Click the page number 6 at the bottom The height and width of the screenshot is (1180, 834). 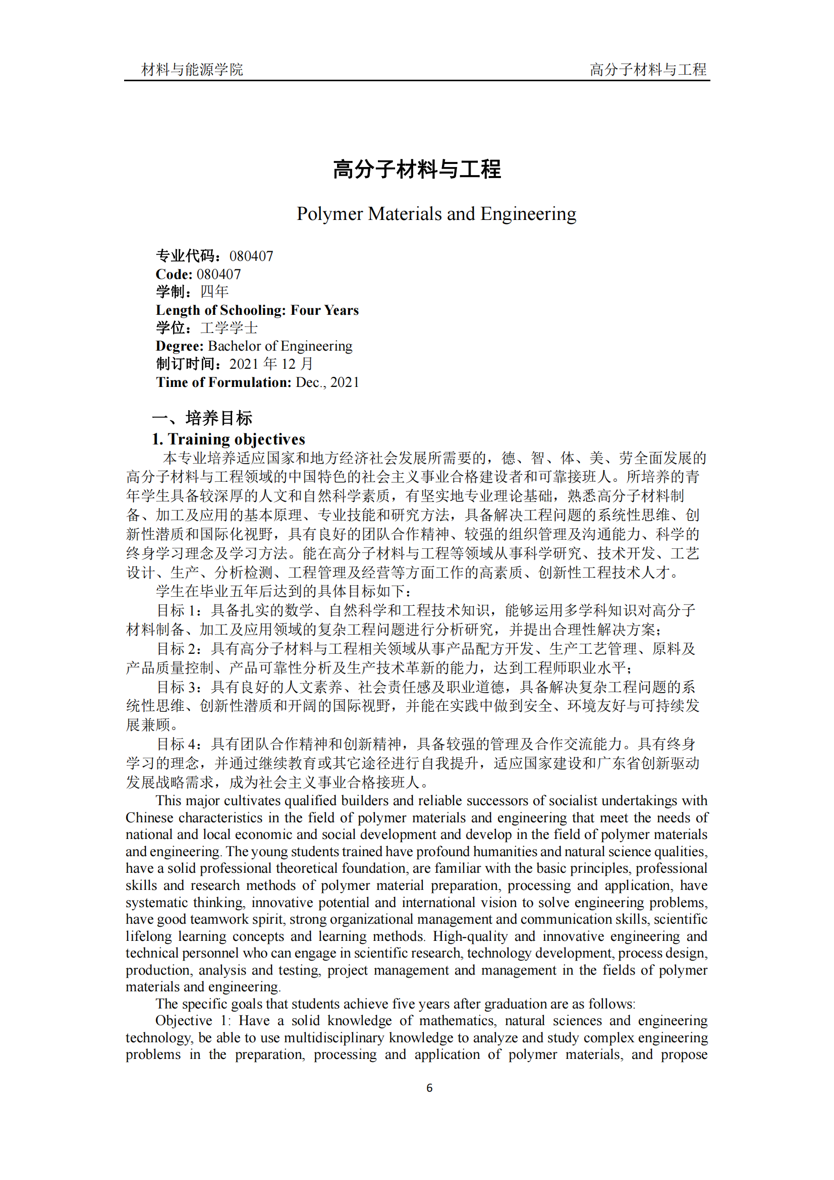pyautogui.click(x=429, y=1088)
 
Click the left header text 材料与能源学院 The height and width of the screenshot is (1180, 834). pyautogui.click(x=192, y=69)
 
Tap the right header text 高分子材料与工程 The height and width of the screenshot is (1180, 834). pyautogui.click(x=647, y=69)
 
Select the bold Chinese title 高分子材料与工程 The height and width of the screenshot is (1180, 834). pyautogui.click(x=417, y=169)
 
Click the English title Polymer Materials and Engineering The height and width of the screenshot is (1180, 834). pyautogui.click(x=436, y=213)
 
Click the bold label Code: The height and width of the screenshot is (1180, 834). pyautogui.click(x=174, y=274)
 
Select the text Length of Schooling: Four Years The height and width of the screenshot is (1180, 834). pyautogui.click(x=257, y=310)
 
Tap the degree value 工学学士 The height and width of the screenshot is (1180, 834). pyautogui.click(x=229, y=328)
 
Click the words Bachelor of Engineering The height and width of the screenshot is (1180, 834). pyautogui.click(x=280, y=346)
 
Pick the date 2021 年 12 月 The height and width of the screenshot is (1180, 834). pyautogui.click(x=271, y=364)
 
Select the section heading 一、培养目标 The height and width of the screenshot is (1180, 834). pyautogui.click(x=202, y=418)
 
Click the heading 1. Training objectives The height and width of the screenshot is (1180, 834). pyautogui.click(x=228, y=439)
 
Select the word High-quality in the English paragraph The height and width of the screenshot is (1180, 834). pyautogui.click(x=470, y=936)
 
